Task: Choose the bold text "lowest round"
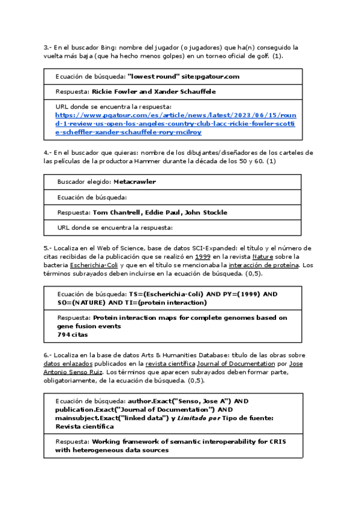pyautogui.click(x=154, y=76)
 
